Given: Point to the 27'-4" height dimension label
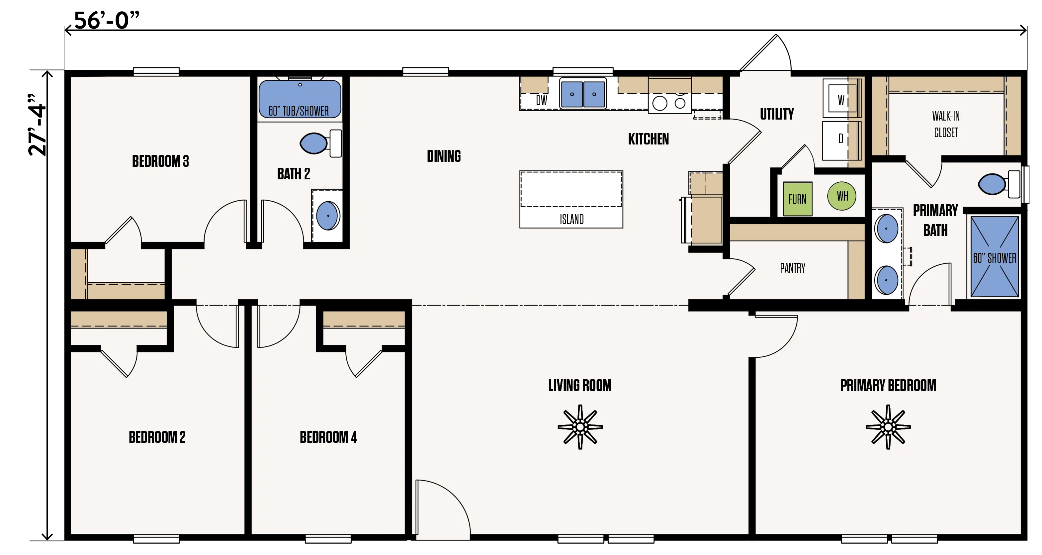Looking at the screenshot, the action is [37, 125].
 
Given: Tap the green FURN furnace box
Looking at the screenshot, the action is [797, 199].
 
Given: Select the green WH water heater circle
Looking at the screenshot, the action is [842, 196].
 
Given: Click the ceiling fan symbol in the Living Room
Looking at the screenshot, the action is [580, 427].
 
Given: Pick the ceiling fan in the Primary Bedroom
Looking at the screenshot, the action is [888, 427].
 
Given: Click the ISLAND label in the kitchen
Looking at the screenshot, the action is [571, 219].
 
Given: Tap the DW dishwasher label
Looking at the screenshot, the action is [541, 100].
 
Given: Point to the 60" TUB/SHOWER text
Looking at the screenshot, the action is [299, 111].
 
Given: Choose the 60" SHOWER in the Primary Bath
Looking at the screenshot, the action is [994, 257].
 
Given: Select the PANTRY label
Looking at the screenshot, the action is [792, 268].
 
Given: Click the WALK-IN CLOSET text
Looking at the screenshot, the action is [946, 124].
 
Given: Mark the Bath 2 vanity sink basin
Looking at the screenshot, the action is [328, 216].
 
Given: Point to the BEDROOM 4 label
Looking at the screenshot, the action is [328, 437].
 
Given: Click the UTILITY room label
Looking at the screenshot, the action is [777, 114].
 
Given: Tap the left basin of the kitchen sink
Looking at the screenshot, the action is [572, 94].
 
